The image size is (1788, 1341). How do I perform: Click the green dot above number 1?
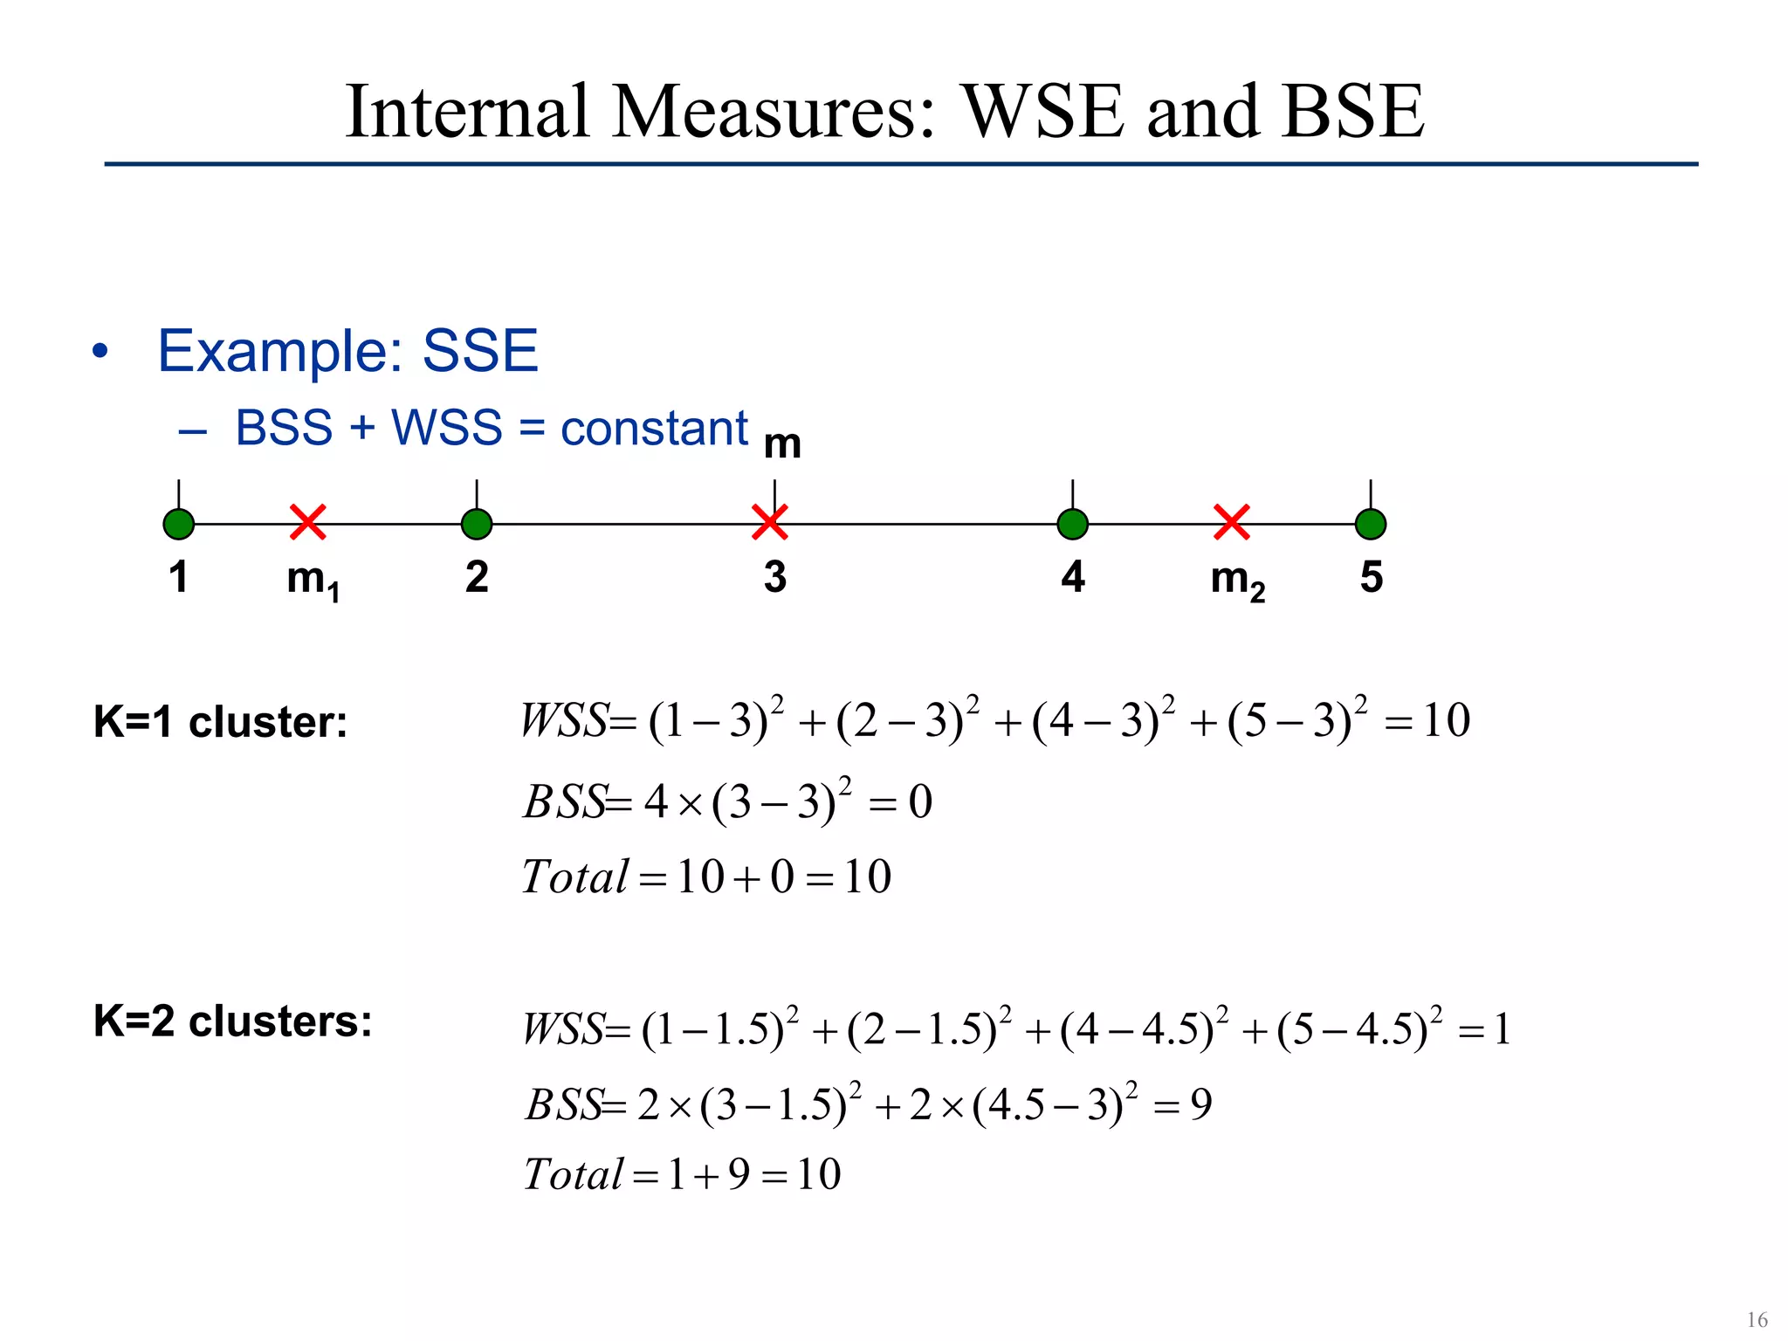coord(179,524)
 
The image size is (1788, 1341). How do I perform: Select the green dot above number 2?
coord(477,524)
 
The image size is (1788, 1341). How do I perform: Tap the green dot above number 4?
coord(1073,524)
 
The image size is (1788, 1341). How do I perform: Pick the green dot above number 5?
coord(1371,524)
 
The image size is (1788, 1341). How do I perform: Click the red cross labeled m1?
coord(308,522)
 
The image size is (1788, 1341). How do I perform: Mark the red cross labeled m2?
coord(1232,522)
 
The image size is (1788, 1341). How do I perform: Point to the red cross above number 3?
coord(770,522)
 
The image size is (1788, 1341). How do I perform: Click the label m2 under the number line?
coord(1237,580)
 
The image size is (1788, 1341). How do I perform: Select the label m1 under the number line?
coord(313,580)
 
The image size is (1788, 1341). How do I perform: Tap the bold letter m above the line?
coord(782,444)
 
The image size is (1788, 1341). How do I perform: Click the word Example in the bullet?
coord(279,352)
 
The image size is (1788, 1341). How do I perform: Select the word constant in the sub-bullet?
coord(654,428)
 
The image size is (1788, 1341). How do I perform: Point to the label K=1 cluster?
coord(220,722)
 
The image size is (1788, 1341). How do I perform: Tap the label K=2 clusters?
coord(232,1021)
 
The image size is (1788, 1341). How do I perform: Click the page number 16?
coord(1757,1319)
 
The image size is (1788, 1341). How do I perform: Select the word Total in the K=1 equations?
coord(574,877)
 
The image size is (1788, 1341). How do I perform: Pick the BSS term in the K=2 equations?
coord(564,1104)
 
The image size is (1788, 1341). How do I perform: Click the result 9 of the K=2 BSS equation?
coord(1201,1105)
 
